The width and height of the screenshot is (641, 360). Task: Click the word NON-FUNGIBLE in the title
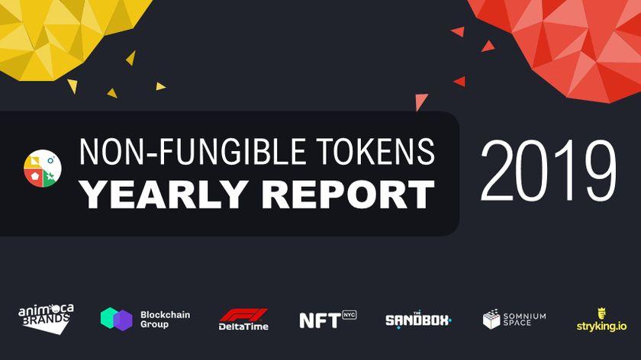(192, 152)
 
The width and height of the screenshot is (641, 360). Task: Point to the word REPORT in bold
(348, 194)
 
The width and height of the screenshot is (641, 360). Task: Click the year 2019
(548, 171)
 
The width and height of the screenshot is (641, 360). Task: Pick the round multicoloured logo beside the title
(43, 169)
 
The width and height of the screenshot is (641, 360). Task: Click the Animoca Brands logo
(46, 319)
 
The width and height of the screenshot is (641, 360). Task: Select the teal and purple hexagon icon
(117, 319)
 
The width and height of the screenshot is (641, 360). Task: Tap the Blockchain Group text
(165, 320)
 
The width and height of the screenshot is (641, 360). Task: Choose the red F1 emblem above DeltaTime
(243, 315)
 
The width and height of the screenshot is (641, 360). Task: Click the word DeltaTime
(243, 326)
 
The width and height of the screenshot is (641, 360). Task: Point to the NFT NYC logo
(328, 320)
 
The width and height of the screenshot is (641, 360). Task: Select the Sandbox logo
(418, 320)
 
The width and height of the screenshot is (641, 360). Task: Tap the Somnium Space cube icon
(491, 319)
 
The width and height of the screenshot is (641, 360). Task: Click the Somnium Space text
(524, 319)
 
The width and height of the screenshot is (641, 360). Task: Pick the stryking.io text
(601, 326)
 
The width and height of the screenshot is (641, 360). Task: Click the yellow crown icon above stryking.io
(602, 313)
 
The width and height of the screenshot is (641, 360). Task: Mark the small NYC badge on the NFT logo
(349, 315)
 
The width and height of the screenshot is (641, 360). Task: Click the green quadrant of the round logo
(50, 178)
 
